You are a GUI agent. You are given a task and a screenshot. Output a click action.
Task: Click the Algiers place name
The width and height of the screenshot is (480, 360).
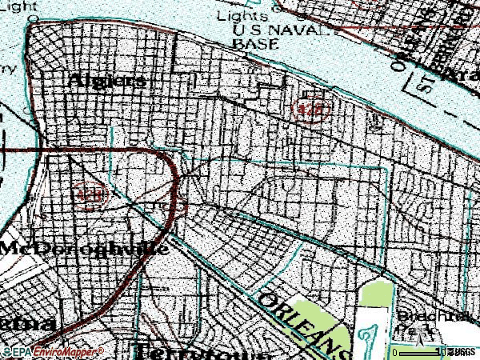pyautogui.click(x=107, y=81)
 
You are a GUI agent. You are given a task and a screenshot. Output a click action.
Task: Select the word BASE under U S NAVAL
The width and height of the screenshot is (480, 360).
pyautogui.click(x=250, y=45)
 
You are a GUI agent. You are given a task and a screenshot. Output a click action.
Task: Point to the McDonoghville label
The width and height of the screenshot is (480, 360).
pyautogui.click(x=83, y=248)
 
